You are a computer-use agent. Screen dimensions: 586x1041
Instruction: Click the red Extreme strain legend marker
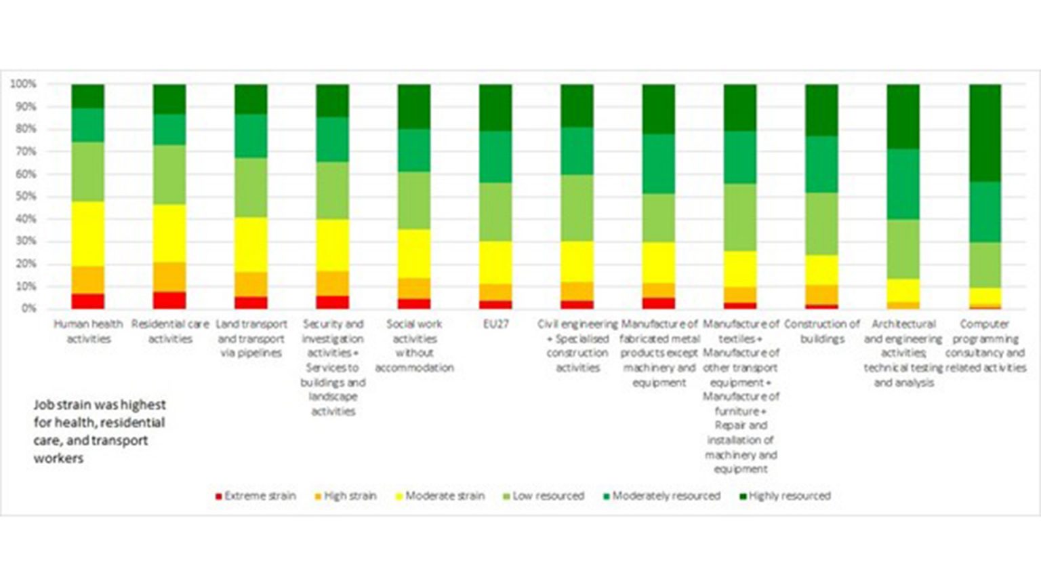coord(218,496)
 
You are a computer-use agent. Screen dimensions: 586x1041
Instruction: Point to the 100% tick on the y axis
coord(23,84)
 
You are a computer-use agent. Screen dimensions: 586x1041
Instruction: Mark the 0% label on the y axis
coord(27,309)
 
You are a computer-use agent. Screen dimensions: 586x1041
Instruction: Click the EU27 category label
coord(495,324)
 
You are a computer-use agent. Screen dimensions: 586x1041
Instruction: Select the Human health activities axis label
coord(88,332)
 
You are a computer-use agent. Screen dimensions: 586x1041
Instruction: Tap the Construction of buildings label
coord(821,332)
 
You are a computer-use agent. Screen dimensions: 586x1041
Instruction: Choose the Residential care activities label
coord(170,332)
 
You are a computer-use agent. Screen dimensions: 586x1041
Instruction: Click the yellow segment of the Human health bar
coord(88,234)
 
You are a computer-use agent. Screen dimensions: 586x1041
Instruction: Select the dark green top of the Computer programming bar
coord(985,133)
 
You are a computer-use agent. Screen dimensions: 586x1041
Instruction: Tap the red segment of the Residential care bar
coord(169,300)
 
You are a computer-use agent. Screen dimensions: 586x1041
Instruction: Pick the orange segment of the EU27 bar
coord(495,292)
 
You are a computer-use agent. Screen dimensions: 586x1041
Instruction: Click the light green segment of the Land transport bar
coord(251,188)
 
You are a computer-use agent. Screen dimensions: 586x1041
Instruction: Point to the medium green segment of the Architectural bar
coord(903,184)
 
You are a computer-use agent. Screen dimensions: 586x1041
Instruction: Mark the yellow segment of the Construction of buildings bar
coord(821,270)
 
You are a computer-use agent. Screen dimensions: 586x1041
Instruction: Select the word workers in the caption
coord(58,458)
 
